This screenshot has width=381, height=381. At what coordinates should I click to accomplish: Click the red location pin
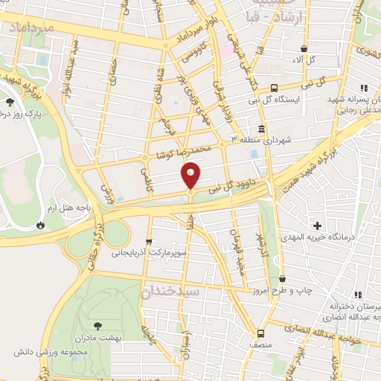[x=191, y=174]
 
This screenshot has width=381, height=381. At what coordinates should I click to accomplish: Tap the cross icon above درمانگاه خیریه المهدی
[x=318, y=225]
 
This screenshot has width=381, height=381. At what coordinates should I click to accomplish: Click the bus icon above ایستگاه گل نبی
[x=274, y=87]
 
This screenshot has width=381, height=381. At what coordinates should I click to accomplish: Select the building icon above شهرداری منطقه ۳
[x=261, y=128]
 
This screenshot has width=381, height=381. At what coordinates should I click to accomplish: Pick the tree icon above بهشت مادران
[x=97, y=324]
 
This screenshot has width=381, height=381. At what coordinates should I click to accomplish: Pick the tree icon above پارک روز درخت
[x=9, y=101]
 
